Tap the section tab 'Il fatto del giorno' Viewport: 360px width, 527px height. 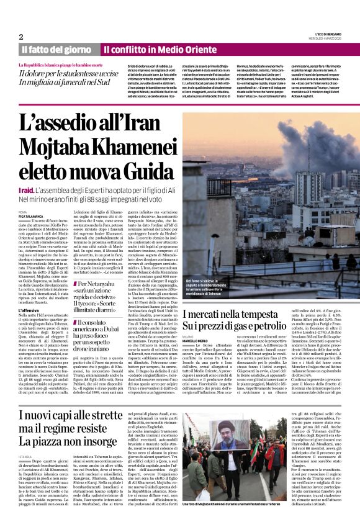click(x=56, y=49)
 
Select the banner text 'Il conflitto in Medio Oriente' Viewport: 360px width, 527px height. click(x=151, y=49)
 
